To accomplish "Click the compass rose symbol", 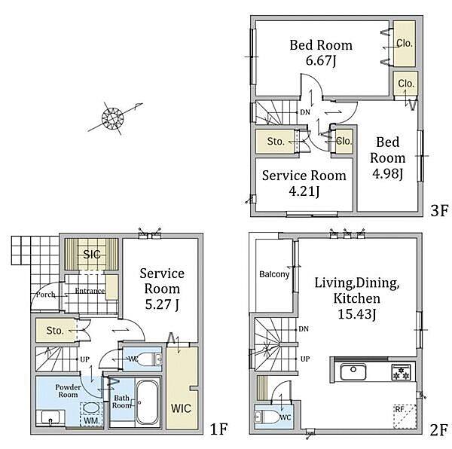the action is (113, 118).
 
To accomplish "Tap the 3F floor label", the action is (439, 210).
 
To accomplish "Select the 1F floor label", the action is (219, 429).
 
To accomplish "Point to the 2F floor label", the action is (439, 430).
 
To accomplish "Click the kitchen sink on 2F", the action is (353, 371).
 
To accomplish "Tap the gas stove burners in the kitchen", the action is (401, 372).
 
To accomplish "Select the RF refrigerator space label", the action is (399, 409).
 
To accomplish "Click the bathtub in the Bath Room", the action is (148, 402).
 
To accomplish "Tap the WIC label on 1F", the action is (181, 408).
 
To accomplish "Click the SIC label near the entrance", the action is (92, 254).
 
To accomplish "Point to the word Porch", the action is (45, 295).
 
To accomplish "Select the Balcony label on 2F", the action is (274, 274).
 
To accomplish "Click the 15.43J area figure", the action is (357, 313).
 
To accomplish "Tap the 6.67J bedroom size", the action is (321, 61).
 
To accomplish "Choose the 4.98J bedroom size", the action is (387, 174).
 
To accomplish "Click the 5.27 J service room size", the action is (162, 304).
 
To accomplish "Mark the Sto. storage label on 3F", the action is (276, 142).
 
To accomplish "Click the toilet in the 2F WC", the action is (267, 417).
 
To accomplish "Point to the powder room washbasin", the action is (50, 417).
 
